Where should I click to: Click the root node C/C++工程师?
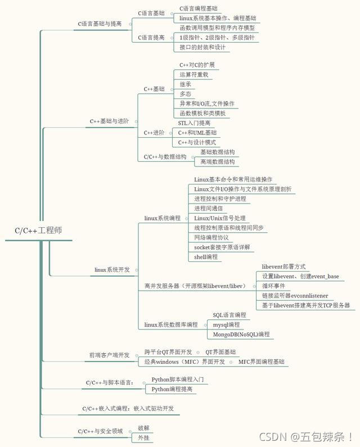click(38, 231)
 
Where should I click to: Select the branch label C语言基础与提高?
click(100, 24)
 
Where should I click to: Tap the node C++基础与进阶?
click(109, 121)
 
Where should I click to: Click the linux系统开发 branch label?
click(112, 270)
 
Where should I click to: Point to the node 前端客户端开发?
click(109, 355)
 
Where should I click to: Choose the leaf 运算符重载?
click(194, 75)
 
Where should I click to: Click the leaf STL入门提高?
click(194, 123)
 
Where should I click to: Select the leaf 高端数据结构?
click(218, 162)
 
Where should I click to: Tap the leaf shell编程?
click(206, 257)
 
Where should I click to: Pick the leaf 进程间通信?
click(209, 209)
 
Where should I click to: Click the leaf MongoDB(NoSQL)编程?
click(241, 335)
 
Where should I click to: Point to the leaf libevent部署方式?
click(284, 267)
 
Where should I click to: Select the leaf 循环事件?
click(273, 286)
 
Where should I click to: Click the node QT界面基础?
click(220, 352)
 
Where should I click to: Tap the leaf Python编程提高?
click(172, 389)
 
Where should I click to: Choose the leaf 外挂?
click(144, 437)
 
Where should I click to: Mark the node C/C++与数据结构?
click(165, 157)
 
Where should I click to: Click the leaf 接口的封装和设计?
click(202, 47)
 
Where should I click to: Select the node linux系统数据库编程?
click(171, 324)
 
